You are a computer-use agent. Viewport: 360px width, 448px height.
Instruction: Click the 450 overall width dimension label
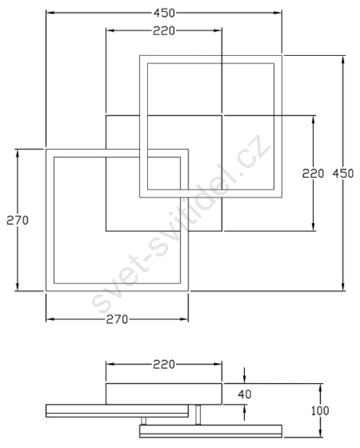coord(164,13)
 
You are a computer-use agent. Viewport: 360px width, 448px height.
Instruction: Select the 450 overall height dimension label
coord(343,173)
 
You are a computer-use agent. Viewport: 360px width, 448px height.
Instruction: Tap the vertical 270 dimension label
coord(18,221)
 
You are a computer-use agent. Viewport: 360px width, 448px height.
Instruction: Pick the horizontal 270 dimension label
coord(117,319)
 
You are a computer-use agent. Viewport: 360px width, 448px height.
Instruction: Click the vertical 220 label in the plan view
coord(313,173)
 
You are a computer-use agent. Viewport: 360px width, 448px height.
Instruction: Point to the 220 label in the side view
coord(164,364)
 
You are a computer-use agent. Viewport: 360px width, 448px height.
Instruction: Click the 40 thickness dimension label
coord(244,395)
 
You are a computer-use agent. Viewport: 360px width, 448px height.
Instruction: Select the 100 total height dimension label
coord(320,411)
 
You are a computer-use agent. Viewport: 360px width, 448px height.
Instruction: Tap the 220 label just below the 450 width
coord(164,31)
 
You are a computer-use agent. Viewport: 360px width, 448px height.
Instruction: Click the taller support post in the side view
coord(198,415)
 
